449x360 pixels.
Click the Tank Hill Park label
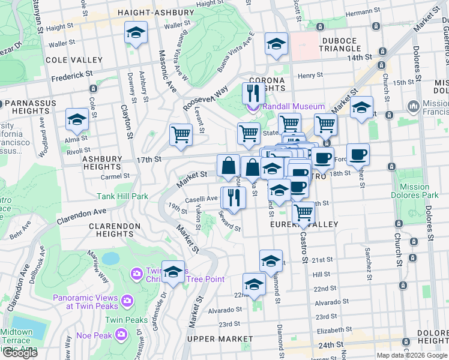122,196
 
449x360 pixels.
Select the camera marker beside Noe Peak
121,333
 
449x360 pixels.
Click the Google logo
20,353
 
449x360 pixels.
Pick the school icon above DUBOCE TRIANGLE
276,44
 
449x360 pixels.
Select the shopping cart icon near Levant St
181,134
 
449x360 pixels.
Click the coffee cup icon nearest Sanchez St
358,154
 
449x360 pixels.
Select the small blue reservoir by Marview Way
110,259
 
